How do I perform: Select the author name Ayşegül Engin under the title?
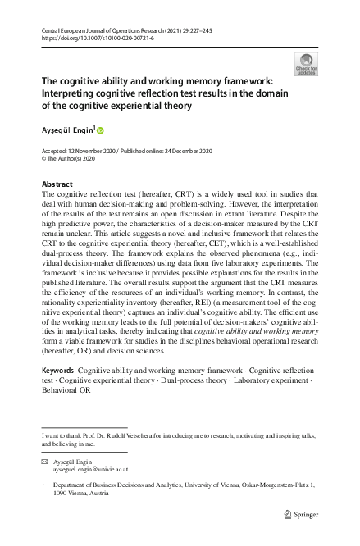tap(68, 130)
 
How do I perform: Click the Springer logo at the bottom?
tap(301, 514)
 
